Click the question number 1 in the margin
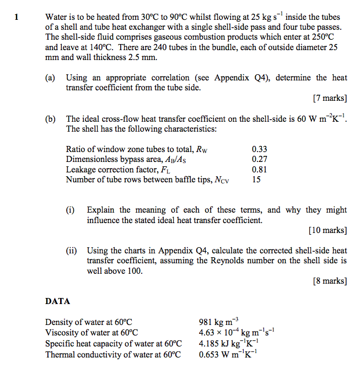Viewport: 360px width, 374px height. tap(17, 17)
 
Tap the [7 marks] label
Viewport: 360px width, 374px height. tap(330, 99)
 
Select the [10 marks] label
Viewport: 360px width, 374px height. tap(328, 230)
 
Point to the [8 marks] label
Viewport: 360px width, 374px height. tap(330, 281)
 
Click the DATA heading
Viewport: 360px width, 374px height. tap(57, 302)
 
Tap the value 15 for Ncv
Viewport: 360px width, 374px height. tap(256, 179)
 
